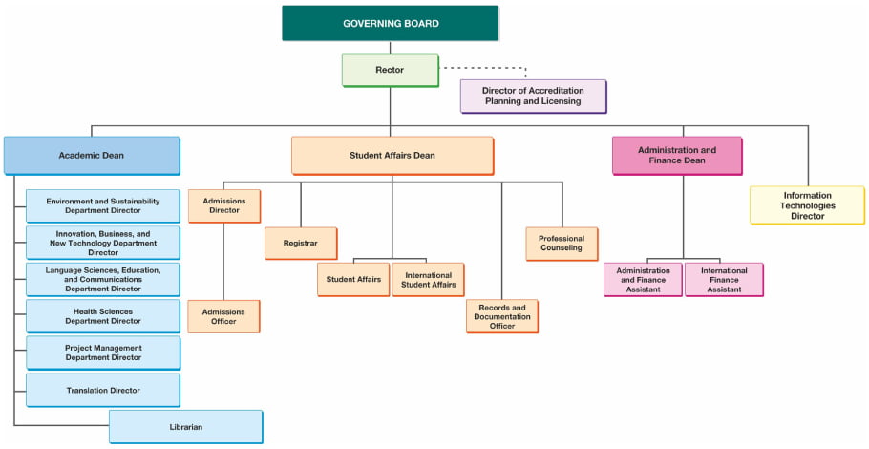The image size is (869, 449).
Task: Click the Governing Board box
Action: click(390, 23)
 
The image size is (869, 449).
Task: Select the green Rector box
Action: click(390, 70)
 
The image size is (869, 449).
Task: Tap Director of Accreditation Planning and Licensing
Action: click(533, 96)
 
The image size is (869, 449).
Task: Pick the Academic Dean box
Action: click(91, 155)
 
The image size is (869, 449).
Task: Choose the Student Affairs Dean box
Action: click(392, 155)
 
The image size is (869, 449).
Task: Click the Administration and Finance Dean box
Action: click(676, 155)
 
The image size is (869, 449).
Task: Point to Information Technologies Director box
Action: click(807, 204)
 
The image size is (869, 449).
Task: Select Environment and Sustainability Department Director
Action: click(102, 205)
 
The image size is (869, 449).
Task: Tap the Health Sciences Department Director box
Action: click(102, 316)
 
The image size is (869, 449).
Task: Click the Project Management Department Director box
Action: click(102, 353)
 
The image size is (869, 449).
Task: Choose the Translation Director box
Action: click(102, 390)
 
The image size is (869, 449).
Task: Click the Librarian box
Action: click(185, 427)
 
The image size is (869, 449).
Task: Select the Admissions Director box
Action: click(223, 204)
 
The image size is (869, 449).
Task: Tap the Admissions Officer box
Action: click(223, 316)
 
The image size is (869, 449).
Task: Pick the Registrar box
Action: click(300, 243)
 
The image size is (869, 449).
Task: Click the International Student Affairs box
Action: click(428, 279)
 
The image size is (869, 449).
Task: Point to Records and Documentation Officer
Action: click(501, 316)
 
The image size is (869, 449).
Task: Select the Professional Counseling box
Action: click(562, 244)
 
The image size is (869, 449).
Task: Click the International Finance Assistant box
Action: click(723, 279)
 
